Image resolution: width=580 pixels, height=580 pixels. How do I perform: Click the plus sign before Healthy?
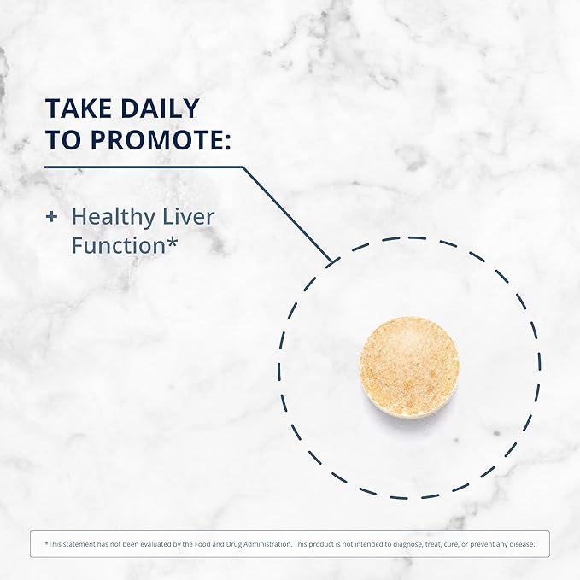click(50, 217)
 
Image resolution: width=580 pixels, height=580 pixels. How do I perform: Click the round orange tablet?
click(410, 365)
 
